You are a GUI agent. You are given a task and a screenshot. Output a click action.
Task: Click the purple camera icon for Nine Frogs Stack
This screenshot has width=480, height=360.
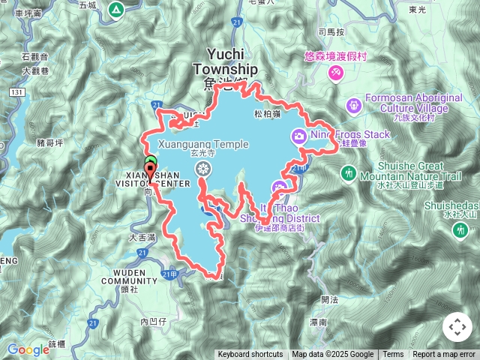pyautogui.click(x=299, y=136)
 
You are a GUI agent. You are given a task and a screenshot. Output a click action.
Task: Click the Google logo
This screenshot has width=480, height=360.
pyautogui.click(x=28, y=349)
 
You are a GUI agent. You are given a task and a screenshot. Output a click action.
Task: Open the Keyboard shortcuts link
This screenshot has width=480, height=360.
pyautogui.click(x=250, y=355)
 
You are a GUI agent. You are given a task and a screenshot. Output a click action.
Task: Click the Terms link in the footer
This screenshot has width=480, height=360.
pyautogui.click(x=393, y=355)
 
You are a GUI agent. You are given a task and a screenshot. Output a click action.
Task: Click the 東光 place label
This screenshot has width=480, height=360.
pyautogui.click(x=439, y=9)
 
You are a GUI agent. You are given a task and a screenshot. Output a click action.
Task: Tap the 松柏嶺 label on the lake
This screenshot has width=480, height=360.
pyautogui.click(x=267, y=114)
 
